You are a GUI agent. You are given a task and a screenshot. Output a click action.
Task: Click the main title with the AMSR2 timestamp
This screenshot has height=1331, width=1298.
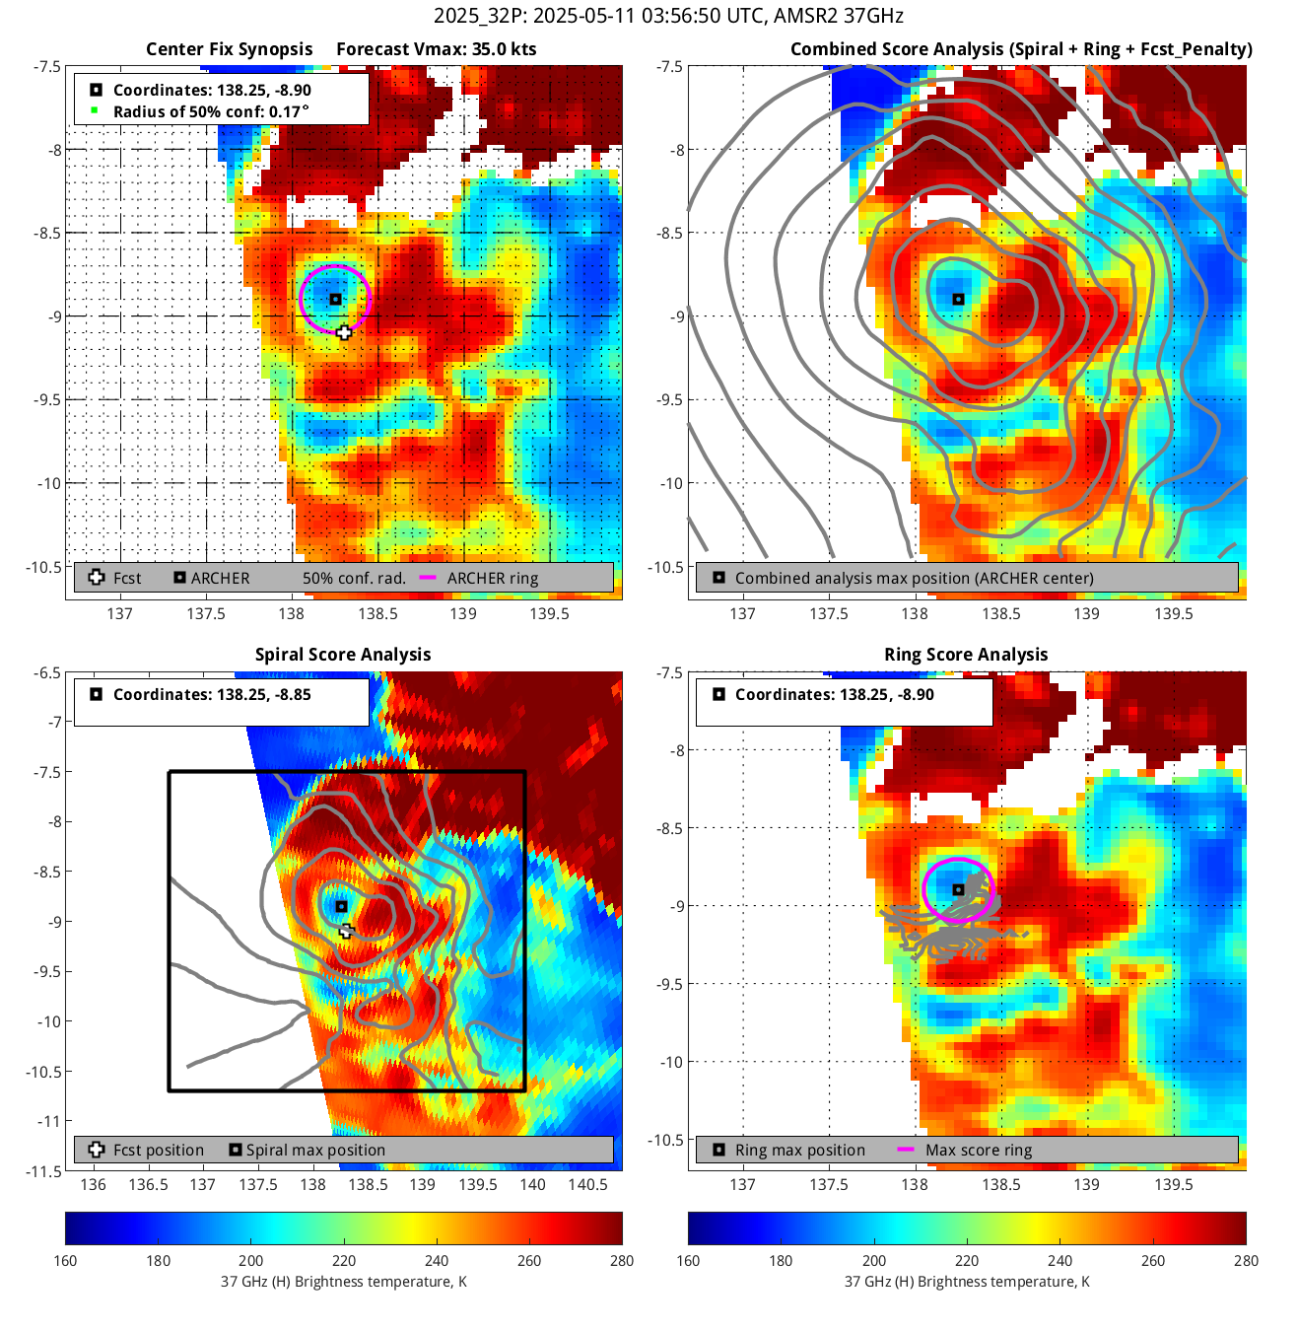click(668, 16)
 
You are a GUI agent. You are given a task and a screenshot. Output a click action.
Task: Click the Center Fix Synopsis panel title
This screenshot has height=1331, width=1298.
click(229, 49)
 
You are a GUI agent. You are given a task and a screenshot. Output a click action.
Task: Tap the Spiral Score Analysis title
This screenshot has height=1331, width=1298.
click(343, 655)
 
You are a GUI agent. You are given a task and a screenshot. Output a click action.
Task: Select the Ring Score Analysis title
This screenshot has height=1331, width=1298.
click(966, 655)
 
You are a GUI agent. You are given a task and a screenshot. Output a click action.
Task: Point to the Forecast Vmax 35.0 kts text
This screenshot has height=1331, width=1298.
click(437, 49)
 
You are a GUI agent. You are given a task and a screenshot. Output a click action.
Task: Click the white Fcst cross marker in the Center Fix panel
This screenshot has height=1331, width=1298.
click(343, 332)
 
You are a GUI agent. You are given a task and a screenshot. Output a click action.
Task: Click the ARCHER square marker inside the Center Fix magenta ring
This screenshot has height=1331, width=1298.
click(335, 299)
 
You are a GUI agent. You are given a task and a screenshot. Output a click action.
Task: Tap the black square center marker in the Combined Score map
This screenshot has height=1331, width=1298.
click(958, 299)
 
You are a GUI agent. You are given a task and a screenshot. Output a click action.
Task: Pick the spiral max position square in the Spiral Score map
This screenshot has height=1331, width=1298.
click(341, 906)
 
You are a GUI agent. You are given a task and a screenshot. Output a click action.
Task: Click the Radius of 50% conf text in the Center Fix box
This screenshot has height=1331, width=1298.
click(211, 111)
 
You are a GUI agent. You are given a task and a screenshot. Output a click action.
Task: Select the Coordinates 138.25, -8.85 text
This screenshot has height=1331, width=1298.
click(212, 694)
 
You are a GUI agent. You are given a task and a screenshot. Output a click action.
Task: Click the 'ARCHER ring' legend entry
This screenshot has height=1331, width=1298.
click(492, 579)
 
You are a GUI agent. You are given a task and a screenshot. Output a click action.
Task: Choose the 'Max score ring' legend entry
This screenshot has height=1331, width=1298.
click(978, 1151)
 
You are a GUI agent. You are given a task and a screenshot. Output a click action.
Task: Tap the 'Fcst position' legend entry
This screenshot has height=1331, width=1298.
click(158, 1151)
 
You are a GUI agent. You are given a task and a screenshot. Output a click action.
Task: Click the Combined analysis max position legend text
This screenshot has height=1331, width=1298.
click(914, 579)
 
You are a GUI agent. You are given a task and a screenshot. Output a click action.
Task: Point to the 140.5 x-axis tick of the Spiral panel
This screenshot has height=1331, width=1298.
click(588, 1184)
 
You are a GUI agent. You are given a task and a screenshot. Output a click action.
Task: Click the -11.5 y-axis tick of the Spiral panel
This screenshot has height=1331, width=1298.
click(44, 1171)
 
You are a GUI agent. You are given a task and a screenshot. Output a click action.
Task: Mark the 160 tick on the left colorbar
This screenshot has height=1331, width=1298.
click(66, 1260)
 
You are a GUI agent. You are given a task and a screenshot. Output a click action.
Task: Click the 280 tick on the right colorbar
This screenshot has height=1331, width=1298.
click(1246, 1260)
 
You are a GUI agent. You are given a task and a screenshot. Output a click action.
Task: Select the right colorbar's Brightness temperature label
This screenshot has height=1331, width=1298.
click(966, 1282)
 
